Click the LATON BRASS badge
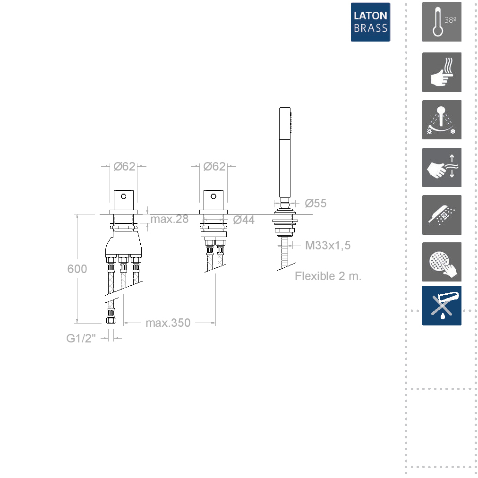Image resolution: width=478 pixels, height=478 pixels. (x=370, y=22)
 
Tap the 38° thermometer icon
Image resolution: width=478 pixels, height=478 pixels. (x=442, y=22)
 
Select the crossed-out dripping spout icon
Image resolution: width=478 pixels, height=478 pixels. (x=442, y=306)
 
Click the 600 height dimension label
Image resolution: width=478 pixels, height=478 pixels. (x=77, y=269)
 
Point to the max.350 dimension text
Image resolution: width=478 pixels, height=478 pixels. (x=168, y=323)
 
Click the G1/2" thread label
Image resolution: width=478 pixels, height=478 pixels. (x=81, y=338)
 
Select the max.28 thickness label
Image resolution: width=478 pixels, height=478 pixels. (x=170, y=219)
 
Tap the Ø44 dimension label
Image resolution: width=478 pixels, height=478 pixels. (x=244, y=220)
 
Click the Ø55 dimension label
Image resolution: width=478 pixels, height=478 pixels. (x=316, y=203)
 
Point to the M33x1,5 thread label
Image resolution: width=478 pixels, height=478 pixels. (x=328, y=246)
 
